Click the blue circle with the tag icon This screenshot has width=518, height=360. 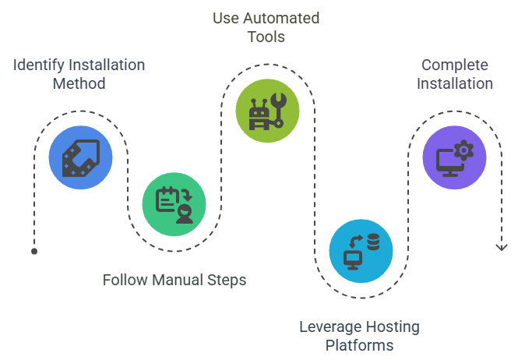coord(80,158)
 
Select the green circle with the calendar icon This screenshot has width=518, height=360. coord(174,205)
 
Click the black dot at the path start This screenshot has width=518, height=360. coord(33,252)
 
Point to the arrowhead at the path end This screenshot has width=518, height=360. coord(501,248)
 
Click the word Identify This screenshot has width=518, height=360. coord(37,65)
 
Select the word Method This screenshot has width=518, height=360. coord(79,83)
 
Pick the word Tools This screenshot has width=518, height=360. coord(266,36)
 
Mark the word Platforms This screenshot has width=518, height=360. coord(359,344)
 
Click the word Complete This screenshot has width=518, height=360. coord(455,65)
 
